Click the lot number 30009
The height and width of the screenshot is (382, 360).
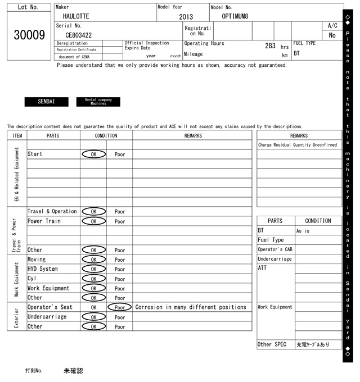(x=29, y=35)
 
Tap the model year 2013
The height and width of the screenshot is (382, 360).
(x=186, y=17)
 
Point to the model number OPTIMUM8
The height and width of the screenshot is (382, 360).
(x=235, y=16)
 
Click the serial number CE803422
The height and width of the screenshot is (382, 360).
(x=78, y=35)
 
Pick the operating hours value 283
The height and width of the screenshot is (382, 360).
(x=270, y=46)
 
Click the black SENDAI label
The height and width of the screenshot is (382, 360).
(x=46, y=102)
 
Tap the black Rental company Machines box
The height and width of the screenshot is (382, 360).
(x=98, y=102)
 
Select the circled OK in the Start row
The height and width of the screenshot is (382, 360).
(x=93, y=154)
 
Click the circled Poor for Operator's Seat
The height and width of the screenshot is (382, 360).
(x=120, y=307)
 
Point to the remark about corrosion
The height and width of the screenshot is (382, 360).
(x=191, y=307)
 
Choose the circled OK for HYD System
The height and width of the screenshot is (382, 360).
(x=93, y=269)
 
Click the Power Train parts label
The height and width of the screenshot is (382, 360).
(x=44, y=221)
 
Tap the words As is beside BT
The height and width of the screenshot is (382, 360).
(x=303, y=231)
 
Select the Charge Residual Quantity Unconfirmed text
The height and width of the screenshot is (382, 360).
(x=298, y=145)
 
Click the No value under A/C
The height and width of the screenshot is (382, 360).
(x=332, y=35)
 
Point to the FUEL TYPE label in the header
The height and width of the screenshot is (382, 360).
(x=304, y=43)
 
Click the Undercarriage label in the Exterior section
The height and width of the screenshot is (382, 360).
(x=47, y=317)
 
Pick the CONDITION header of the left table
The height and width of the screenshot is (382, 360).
(x=106, y=135)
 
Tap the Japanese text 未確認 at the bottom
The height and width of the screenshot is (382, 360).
(x=73, y=371)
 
